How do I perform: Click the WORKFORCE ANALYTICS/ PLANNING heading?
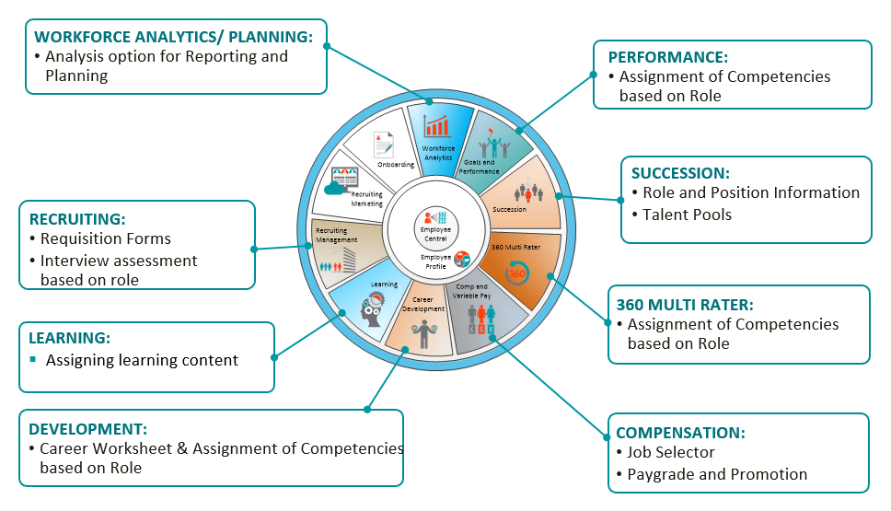(x=173, y=37)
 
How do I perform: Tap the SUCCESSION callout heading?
(x=680, y=172)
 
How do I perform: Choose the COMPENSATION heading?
(x=680, y=432)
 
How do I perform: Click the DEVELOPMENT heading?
(x=87, y=428)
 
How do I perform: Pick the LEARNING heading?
(x=70, y=339)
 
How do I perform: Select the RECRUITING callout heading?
(x=76, y=218)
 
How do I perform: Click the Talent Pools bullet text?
(x=688, y=215)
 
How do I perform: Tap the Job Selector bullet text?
(x=671, y=452)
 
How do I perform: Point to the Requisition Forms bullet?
(x=105, y=238)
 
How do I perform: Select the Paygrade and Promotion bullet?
(x=717, y=474)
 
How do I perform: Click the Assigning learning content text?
(x=142, y=360)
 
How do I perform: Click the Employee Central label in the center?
(x=433, y=230)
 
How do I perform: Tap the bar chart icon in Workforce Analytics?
(x=436, y=126)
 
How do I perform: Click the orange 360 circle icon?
(x=517, y=273)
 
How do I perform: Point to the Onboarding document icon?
(x=384, y=145)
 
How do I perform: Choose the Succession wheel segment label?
(x=510, y=209)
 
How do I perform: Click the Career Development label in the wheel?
(x=422, y=304)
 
